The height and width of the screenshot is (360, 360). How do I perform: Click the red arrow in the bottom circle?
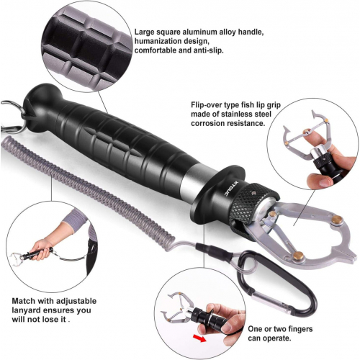(199, 339)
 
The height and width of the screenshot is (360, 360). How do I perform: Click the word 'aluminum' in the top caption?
(202, 32)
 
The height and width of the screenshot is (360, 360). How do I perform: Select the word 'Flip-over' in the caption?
(206, 105)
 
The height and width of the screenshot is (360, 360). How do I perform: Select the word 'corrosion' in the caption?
(209, 123)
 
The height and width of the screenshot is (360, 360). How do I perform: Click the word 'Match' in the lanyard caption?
(24, 301)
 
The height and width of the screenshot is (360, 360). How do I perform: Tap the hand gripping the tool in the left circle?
(41, 249)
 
